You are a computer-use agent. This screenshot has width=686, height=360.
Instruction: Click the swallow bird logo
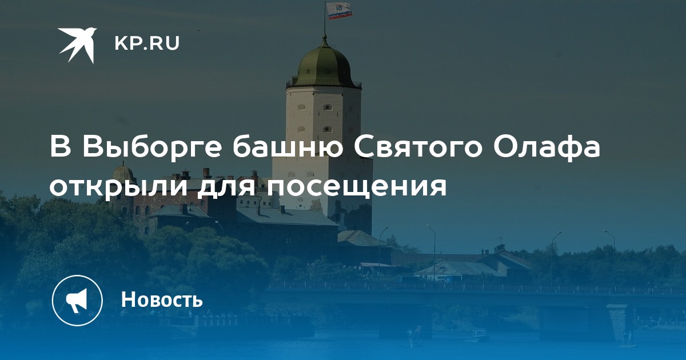(x=78, y=45)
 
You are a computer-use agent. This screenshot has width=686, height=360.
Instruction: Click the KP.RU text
(x=147, y=43)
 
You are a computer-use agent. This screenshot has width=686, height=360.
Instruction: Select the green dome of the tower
(x=324, y=66)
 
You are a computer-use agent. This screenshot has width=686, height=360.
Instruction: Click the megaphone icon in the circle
(x=77, y=301)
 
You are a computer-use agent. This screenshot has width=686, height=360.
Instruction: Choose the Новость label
(x=162, y=299)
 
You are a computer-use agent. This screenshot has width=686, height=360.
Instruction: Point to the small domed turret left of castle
(x=123, y=172)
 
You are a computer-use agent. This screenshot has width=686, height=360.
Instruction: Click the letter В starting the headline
(x=61, y=147)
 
